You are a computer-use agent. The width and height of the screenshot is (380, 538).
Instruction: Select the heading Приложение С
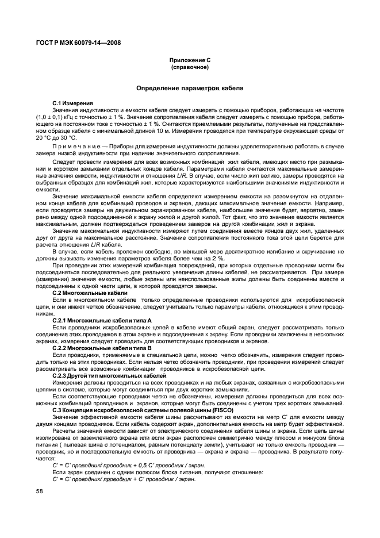190,60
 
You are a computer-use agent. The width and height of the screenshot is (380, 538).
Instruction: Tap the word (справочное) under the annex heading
190,67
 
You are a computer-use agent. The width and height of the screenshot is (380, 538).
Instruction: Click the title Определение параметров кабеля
190,89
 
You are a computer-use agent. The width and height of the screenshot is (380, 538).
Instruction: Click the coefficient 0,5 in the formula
133,466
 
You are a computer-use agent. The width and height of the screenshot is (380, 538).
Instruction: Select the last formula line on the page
124,479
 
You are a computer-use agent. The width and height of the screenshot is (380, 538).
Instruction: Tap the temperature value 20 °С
45,138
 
